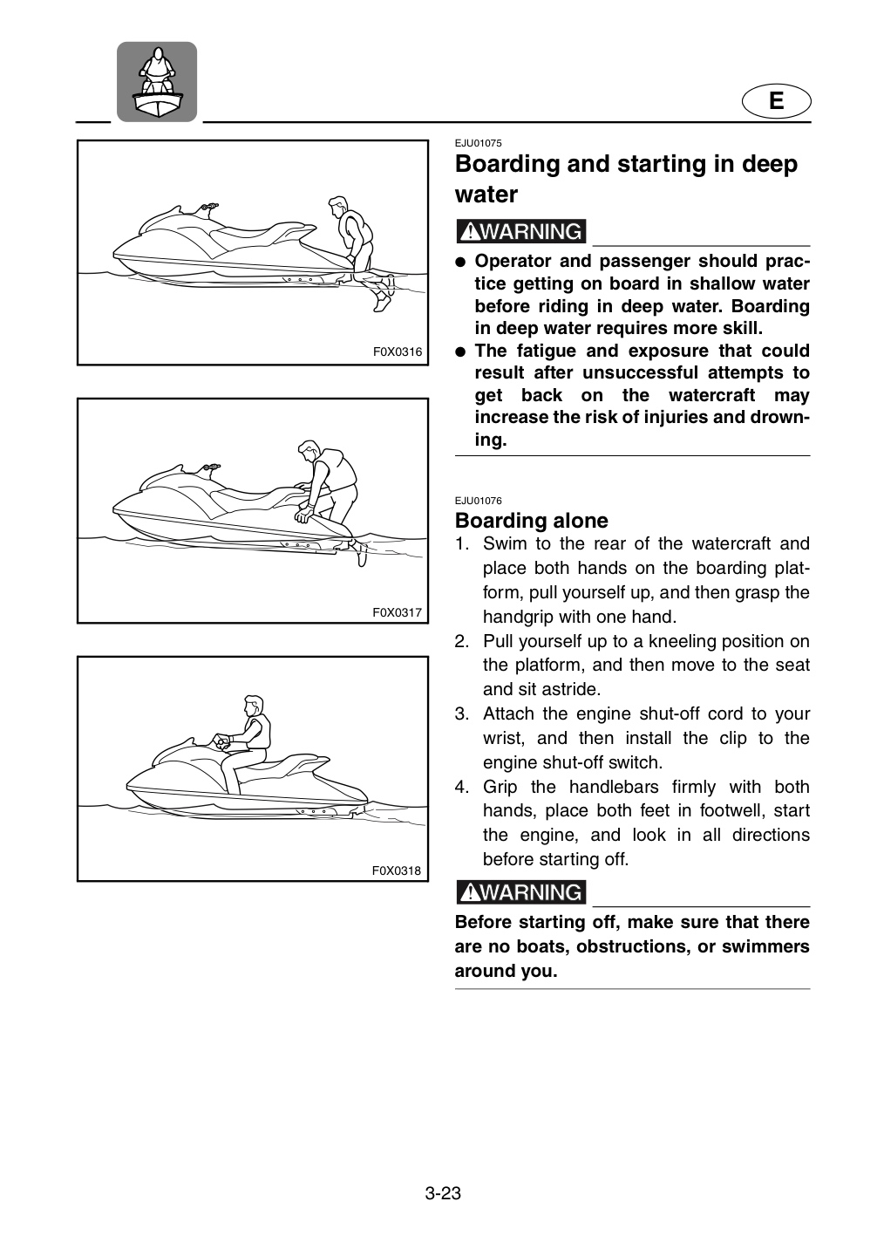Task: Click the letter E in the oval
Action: click(776, 101)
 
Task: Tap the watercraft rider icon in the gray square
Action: click(157, 82)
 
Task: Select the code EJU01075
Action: click(478, 143)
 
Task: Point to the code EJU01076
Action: click(478, 500)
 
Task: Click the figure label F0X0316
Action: click(398, 352)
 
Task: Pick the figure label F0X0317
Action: click(398, 612)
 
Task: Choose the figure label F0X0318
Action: click(397, 870)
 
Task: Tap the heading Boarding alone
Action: click(532, 521)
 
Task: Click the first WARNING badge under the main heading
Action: click(520, 231)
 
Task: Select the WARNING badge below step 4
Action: click(520, 891)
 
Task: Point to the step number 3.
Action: click(462, 713)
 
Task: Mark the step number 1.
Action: click(462, 543)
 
